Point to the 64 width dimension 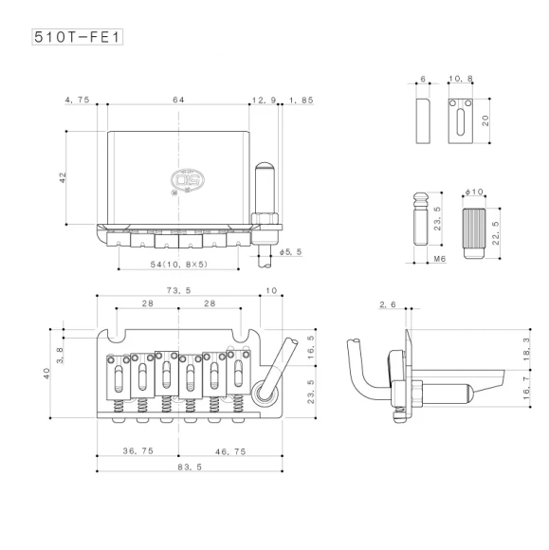pos(177,99)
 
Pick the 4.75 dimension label pos(77,99)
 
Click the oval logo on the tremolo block pos(182,176)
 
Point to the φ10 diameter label pos(474,192)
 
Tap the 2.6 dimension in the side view pos(386,304)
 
